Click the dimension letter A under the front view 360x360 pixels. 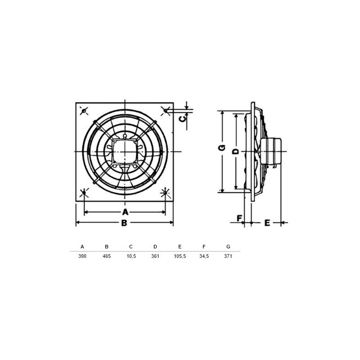125,212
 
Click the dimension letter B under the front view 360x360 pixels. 124,223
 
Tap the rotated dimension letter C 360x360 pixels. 183,119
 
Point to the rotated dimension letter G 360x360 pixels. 222,148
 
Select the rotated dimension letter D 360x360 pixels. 236,152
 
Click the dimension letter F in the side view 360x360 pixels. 239,218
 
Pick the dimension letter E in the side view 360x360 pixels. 267,223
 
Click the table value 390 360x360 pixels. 82,256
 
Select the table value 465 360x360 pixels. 107,256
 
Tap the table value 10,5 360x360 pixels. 131,256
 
